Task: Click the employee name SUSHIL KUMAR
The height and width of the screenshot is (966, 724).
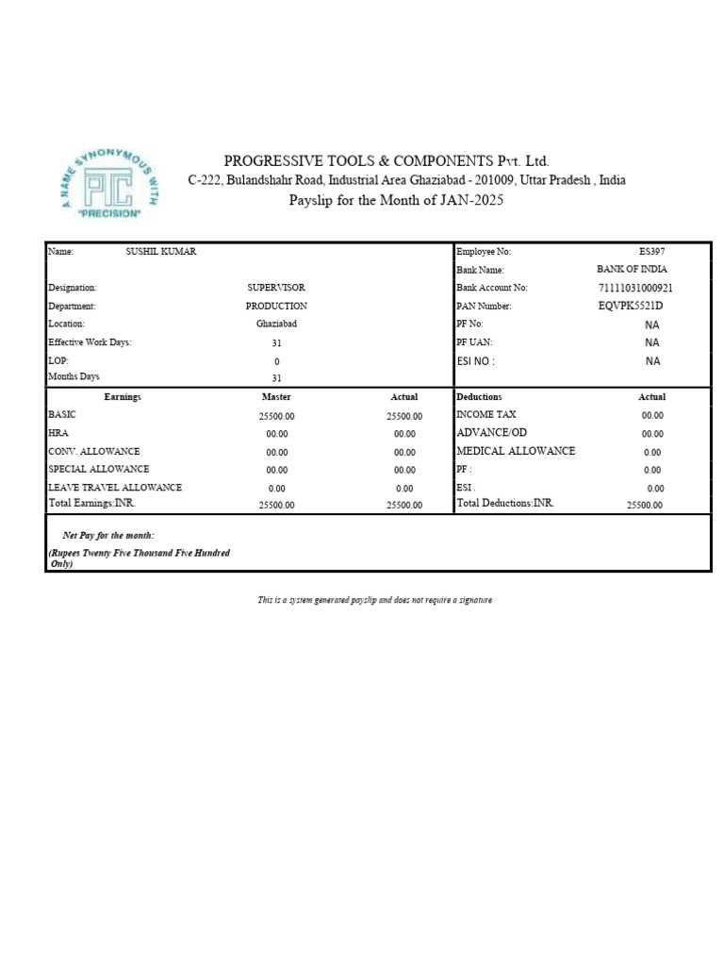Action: (161, 252)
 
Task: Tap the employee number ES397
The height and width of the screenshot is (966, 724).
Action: (651, 252)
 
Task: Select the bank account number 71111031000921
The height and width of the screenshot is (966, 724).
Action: (636, 288)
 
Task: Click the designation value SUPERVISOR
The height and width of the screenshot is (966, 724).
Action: (276, 288)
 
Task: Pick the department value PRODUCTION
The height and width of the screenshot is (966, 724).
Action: (276, 306)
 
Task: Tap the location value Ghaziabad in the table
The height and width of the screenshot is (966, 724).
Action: (276, 324)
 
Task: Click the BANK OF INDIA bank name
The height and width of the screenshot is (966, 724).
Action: (632, 270)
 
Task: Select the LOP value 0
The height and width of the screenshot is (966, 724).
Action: (276, 361)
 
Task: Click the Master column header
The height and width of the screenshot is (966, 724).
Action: (276, 397)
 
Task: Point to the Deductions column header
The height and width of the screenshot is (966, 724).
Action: (479, 397)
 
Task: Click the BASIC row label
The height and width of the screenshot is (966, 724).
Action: (61, 414)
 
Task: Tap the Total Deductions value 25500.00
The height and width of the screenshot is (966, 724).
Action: (645, 506)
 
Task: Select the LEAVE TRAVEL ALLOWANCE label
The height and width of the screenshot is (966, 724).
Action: (114, 488)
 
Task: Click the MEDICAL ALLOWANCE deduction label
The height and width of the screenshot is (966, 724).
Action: (515, 451)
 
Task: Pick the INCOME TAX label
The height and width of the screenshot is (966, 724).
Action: (485, 414)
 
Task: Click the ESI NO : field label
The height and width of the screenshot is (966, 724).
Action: (475, 360)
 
